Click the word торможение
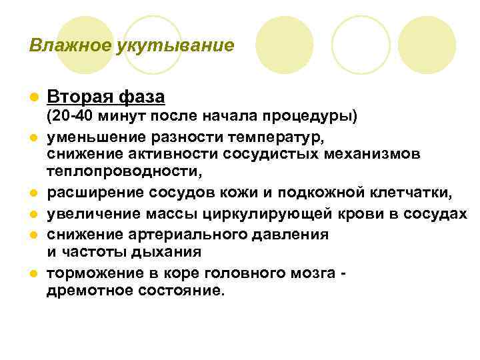pyautogui.click(x=89, y=273)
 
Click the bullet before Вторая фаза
pyautogui.click(x=33, y=98)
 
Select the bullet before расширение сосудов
pyautogui.click(x=33, y=193)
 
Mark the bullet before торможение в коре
pyautogui.click(x=33, y=274)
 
